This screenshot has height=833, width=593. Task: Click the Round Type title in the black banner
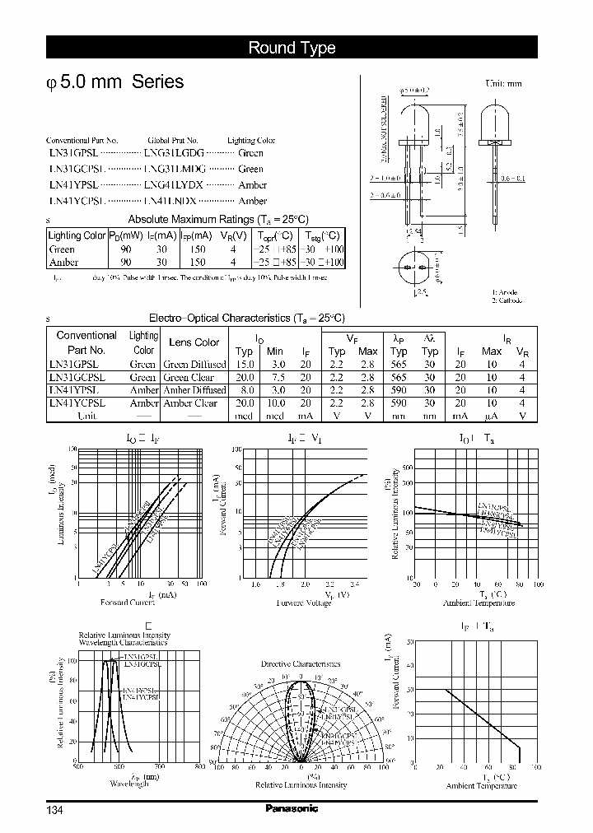tap(292, 48)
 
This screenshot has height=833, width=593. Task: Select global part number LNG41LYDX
tap(173, 184)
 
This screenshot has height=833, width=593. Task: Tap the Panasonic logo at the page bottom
tap(292, 808)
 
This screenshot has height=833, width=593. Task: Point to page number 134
tap(54, 810)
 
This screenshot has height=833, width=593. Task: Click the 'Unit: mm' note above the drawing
tap(503, 84)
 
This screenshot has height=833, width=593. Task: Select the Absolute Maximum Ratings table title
tap(218, 219)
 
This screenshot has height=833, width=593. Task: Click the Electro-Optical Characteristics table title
tap(246, 318)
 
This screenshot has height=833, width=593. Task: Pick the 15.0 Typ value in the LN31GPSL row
tap(244, 364)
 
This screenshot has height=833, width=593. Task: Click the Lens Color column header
tap(194, 342)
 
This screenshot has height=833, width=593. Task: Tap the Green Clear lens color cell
tap(189, 377)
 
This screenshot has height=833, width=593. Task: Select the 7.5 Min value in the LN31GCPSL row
tap(278, 377)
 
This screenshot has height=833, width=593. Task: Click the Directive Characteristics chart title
tap(300, 663)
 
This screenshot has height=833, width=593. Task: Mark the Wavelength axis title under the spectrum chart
tap(128, 784)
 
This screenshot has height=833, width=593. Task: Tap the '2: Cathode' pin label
tap(507, 300)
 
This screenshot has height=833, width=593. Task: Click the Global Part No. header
tap(173, 141)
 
